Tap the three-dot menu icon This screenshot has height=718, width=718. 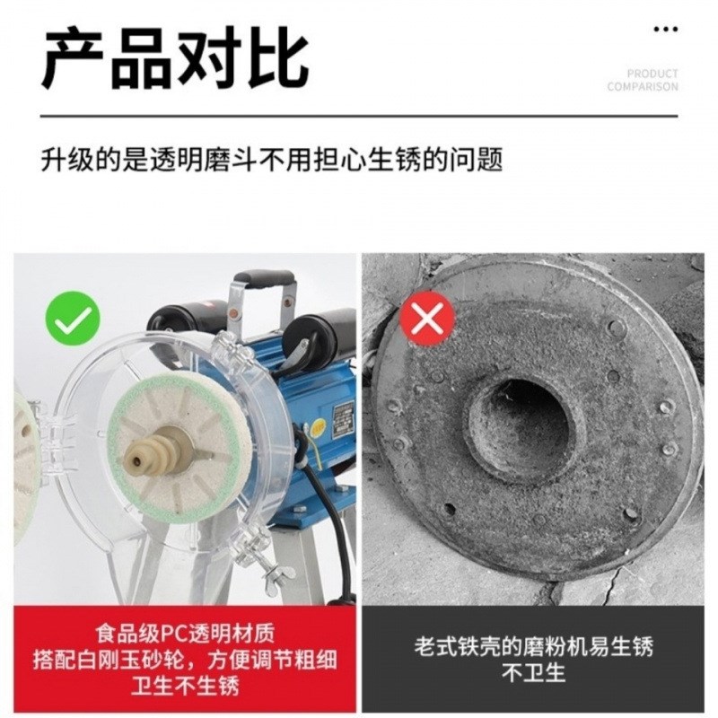[665, 30]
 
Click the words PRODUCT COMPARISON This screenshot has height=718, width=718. [643, 81]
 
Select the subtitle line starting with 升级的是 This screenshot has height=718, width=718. [271, 161]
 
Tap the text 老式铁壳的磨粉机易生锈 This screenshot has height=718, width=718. [532, 644]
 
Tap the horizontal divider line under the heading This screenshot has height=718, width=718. [359, 116]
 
